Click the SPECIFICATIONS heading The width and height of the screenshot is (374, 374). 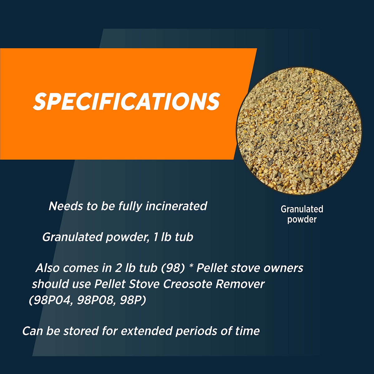tap(127, 101)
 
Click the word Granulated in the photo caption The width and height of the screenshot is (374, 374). tap(302, 209)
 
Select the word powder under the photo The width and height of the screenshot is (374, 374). tap(302, 219)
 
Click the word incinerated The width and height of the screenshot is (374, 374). tap(176, 206)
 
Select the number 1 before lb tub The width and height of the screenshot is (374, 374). tap(155, 237)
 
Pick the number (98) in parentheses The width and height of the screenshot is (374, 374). tap(173, 268)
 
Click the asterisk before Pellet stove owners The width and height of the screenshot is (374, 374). tap(191, 266)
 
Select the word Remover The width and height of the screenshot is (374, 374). tap(240, 284)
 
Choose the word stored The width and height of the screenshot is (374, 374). tap(81, 331)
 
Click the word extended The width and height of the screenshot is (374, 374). tap(146, 331)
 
